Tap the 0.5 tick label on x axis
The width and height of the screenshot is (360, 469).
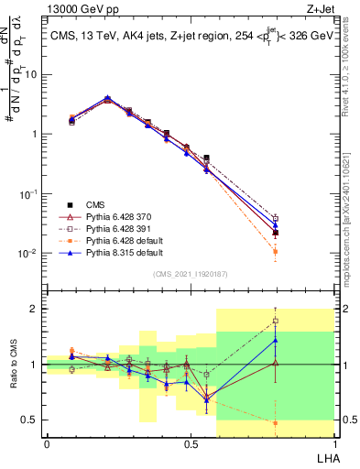pyautogui.click(x=190, y=443)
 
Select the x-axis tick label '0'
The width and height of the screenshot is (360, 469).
pyautogui.click(x=47, y=443)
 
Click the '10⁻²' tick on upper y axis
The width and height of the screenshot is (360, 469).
pyautogui.click(x=27, y=254)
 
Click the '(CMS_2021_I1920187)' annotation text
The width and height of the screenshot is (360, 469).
pyautogui.click(x=190, y=273)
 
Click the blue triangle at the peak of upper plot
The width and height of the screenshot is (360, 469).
pyautogui.click(x=108, y=97)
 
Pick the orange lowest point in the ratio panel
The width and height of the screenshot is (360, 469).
pyautogui.click(x=276, y=422)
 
